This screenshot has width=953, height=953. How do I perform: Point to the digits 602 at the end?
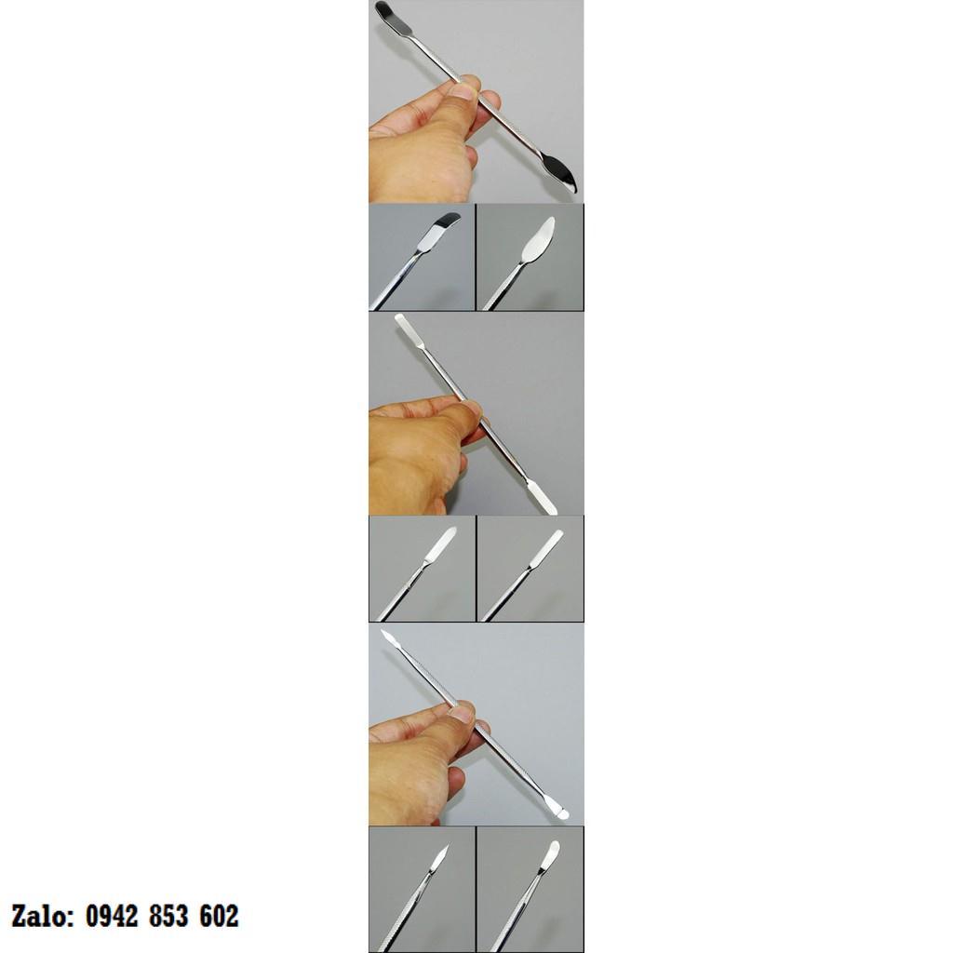click(219, 917)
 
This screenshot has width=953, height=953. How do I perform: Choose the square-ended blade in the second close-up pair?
click(547, 547)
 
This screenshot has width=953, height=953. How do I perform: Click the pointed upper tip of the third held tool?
click(389, 639)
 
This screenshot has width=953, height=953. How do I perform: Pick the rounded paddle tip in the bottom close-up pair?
click(550, 857)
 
